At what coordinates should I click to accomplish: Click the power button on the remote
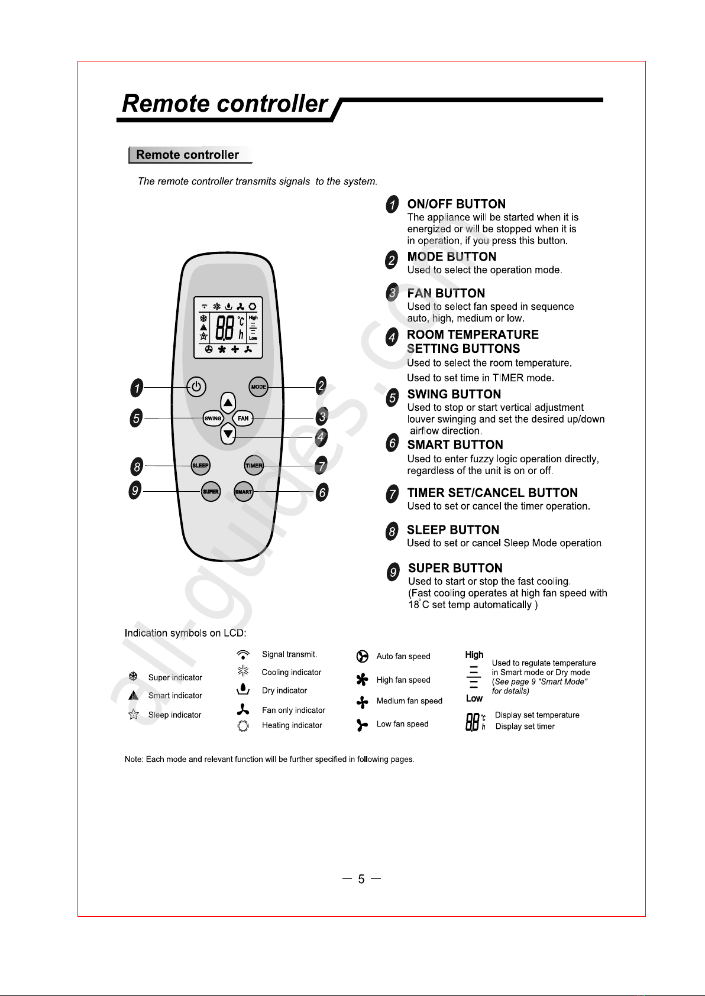196,387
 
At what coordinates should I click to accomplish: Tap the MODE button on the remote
258,387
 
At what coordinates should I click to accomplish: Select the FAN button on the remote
243,418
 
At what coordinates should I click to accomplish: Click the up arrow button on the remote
228,403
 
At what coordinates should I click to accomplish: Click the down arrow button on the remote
228,435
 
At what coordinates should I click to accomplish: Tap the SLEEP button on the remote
200,466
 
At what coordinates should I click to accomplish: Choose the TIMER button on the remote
254,466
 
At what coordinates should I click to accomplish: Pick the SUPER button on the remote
211,492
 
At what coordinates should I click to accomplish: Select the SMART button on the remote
243,492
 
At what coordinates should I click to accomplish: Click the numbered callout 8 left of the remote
137,467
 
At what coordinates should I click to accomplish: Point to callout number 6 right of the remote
322,492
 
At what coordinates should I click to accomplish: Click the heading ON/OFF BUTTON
456,205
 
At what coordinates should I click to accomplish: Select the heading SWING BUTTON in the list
454,394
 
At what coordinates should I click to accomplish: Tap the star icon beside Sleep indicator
134,715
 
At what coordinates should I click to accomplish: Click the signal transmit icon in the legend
242,654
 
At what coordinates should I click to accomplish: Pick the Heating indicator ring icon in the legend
242,726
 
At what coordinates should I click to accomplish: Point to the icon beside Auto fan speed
363,657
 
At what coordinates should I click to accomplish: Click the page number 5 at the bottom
361,880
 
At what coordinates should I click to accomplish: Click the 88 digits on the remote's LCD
225,327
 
